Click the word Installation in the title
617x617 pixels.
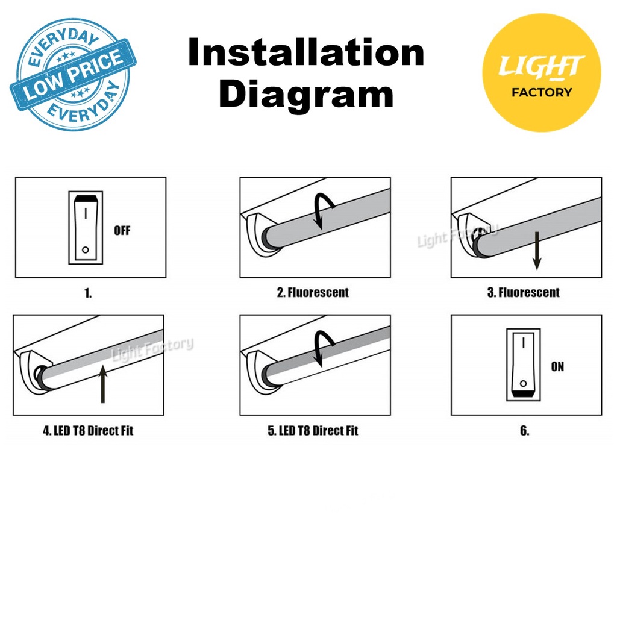(306, 52)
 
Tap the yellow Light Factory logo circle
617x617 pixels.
(542, 72)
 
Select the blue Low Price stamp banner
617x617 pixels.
(73, 74)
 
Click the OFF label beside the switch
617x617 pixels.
(122, 231)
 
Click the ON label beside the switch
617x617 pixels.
(557, 367)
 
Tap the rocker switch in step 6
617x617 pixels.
(524, 365)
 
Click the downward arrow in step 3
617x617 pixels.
(537, 251)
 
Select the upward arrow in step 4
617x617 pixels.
(102, 384)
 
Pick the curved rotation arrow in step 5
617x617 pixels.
(323, 347)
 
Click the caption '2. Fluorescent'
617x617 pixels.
(313, 292)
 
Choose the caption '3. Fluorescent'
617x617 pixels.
(524, 292)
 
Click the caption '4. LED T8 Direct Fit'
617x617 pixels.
(88, 430)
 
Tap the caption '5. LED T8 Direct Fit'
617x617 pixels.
(313, 430)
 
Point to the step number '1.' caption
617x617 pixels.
(88, 293)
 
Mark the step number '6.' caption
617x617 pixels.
(525, 431)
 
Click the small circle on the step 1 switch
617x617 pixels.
(86, 250)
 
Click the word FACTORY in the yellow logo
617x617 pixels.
(542, 92)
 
